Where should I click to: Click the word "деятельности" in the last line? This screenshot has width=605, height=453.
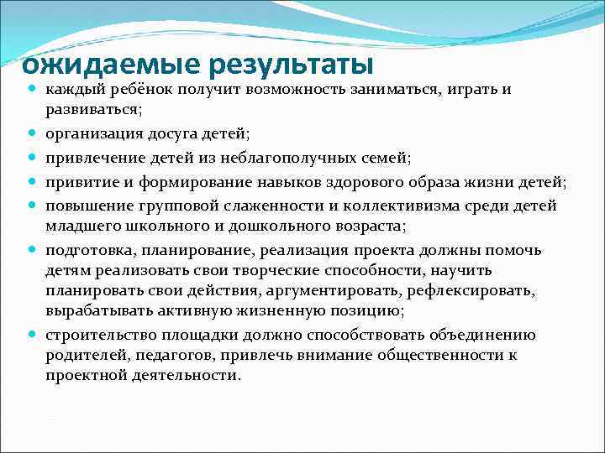click(x=186, y=376)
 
